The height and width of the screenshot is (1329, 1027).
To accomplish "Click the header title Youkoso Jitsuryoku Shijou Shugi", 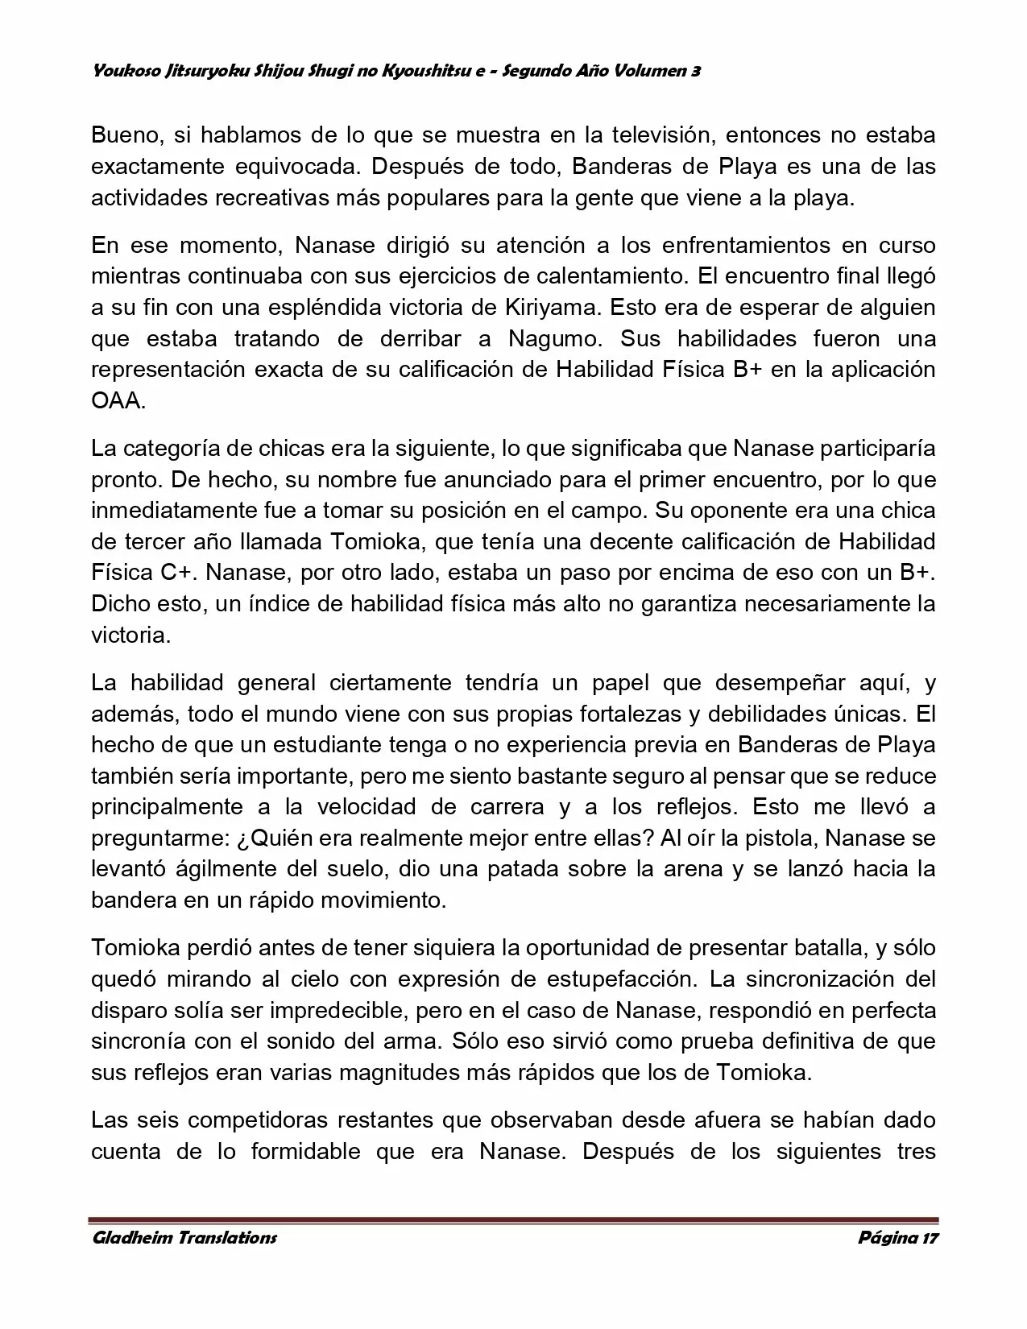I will pos(395,71).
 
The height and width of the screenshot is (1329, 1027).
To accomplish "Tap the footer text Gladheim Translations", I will pos(184,1237).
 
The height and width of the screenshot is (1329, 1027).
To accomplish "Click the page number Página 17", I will pos(898,1237).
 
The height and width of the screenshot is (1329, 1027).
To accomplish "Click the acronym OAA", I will pos(117,400).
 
